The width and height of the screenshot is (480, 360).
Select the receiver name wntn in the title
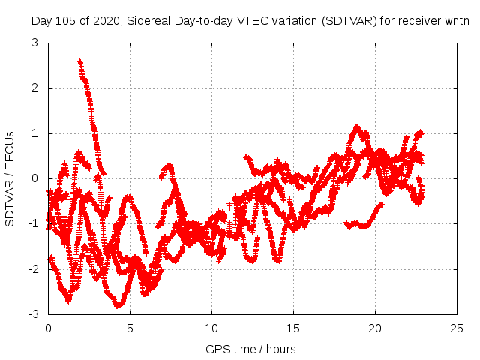[455, 21]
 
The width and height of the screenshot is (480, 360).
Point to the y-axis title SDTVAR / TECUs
[10, 178]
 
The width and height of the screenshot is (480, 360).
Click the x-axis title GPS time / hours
[250, 349]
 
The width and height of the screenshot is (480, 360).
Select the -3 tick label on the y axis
[33, 313]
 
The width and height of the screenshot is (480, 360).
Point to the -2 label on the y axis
[33, 268]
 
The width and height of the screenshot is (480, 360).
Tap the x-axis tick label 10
[211, 328]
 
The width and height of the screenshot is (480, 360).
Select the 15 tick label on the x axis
[293, 328]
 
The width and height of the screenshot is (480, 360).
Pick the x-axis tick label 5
[130, 328]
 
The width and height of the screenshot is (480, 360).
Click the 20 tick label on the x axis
[375, 328]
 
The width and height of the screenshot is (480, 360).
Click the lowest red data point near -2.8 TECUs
[118, 304]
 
